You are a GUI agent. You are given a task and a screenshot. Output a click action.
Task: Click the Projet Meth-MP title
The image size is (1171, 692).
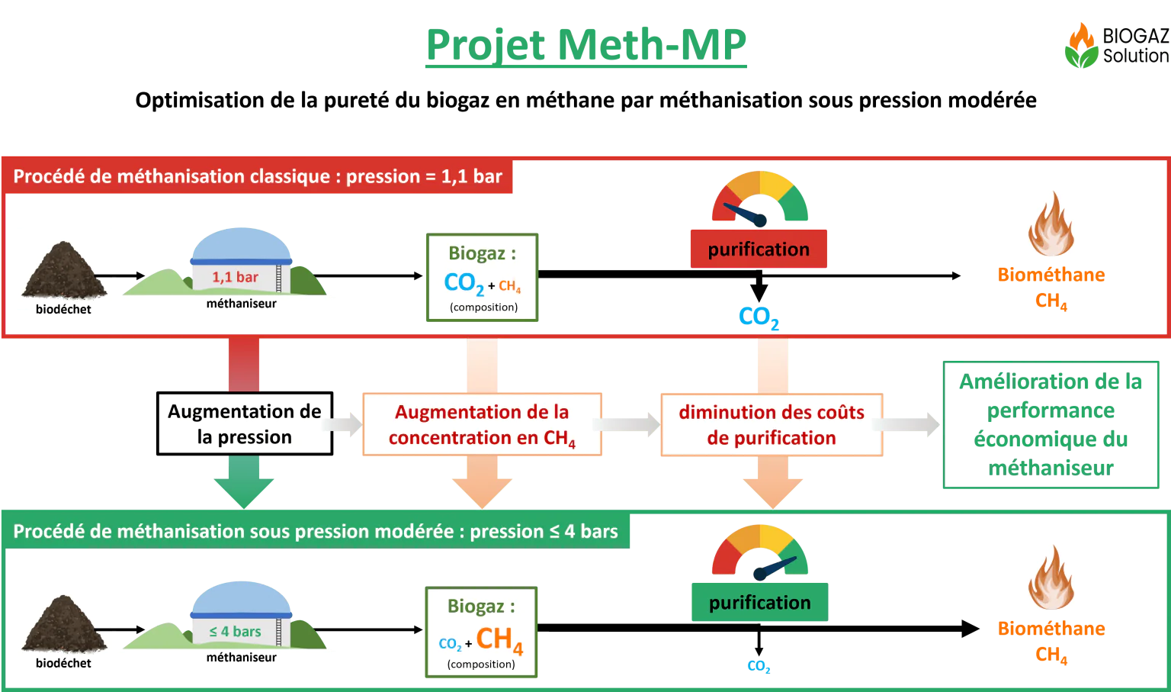click(586, 46)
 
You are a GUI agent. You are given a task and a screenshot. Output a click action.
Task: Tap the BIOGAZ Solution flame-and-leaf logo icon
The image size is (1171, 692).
click(1082, 46)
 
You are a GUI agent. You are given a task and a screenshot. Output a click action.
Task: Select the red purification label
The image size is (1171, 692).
click(759, 249)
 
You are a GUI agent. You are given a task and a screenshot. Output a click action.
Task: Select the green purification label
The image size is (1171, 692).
click(759, 602)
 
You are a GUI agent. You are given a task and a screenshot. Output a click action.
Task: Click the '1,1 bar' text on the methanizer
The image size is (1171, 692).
click(235, 277)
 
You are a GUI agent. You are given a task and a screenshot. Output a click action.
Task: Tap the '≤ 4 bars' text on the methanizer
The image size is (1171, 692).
click(235, 631)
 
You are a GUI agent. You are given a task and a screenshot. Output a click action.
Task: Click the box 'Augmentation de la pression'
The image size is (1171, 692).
click(245, 423)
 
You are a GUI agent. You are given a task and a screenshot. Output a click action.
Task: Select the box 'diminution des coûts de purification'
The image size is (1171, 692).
click(772, 425)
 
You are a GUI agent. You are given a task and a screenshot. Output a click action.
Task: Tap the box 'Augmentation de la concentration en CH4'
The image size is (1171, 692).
click(482, 424)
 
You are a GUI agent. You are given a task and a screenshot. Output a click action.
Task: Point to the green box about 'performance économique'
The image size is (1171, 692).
click(1051, 425)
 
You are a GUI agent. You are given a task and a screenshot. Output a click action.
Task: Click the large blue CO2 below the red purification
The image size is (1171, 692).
click(759, 317)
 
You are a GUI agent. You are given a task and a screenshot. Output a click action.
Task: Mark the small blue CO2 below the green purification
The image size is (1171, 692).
click(759, 666)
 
